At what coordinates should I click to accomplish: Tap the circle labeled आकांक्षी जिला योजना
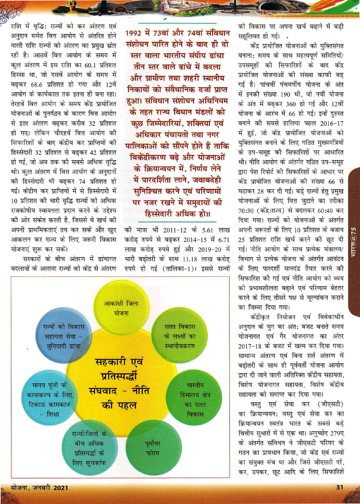point(121,308)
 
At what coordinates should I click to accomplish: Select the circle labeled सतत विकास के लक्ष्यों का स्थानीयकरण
point(180,336)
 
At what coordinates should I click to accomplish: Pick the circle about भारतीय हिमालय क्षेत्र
point(195,400)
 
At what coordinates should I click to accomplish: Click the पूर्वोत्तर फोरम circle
point(153,448)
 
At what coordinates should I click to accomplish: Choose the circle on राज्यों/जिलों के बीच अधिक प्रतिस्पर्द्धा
point(88,448)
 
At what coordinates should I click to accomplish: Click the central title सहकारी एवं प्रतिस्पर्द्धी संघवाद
point(119,383)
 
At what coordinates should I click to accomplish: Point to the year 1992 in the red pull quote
point(134,33)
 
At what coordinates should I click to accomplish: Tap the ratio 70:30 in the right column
point(248,210)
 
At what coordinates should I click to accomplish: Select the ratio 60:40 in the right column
point(326,210)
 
